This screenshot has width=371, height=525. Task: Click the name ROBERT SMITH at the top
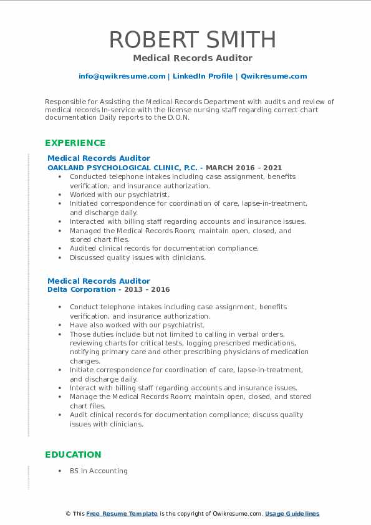pos(193,39)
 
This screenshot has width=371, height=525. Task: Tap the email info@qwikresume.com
pos(122,76)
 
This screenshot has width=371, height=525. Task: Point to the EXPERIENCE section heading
pos(75,143)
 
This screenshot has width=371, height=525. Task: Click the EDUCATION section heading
pos(73,455)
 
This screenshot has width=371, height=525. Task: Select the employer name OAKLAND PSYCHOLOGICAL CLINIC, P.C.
pos(122,168)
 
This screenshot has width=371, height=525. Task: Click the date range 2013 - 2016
pos(147,289)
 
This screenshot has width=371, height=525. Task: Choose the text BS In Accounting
pos(99,471)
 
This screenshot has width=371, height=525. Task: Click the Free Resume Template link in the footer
pos(122,514)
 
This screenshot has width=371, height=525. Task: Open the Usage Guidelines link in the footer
pos(292,514)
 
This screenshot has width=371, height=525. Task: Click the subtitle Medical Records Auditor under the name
pos(193,58)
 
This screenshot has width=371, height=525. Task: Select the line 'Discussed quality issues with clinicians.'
pos(137,258)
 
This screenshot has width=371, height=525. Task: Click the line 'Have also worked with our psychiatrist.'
pos(137,325)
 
